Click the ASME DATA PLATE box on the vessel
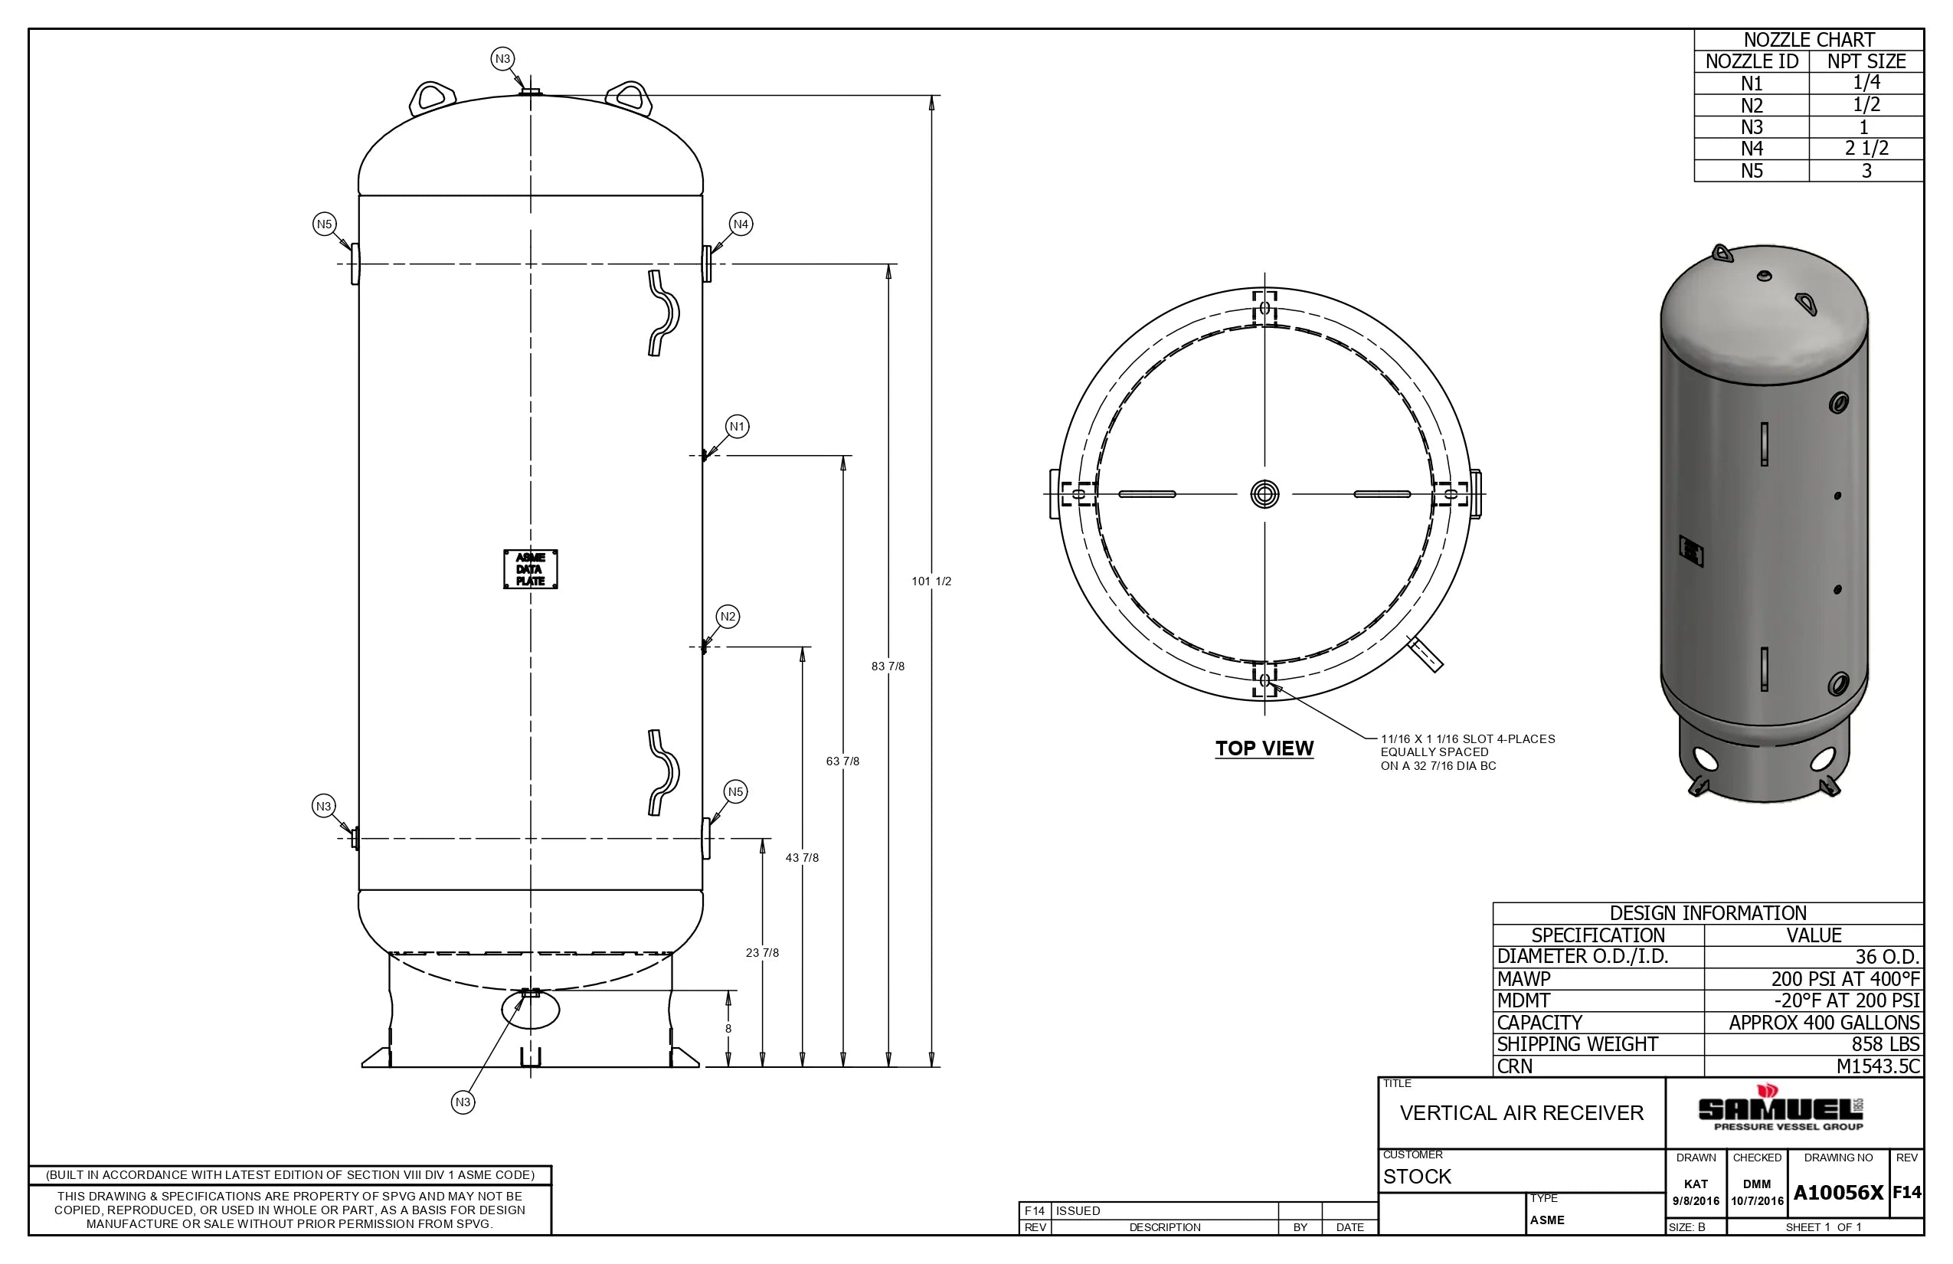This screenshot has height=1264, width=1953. point(530,568)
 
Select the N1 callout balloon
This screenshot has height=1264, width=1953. point(737,426)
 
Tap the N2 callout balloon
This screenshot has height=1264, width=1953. point(727,617)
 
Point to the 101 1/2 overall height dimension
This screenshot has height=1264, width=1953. point(931,581)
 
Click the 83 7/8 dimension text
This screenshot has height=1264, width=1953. point(887,666)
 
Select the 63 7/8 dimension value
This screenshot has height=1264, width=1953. point(842,761)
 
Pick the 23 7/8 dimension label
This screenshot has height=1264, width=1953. point(761,953)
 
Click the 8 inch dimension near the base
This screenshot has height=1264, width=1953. point(728,1028)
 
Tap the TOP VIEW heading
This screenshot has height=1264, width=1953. point(1264,748)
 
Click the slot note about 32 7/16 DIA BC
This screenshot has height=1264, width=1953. point(1467,752)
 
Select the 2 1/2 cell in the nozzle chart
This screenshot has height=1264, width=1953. point(1865,149)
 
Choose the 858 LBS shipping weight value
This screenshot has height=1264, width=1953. point(1885,1044)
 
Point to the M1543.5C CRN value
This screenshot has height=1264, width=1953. point(1877,1066)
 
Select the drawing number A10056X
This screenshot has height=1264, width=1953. point(1837,1193)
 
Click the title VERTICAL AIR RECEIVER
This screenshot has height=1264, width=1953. point(1520,1113)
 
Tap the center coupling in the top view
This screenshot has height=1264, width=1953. point(1264,494)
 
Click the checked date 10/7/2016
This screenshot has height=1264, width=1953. point(1757,1201)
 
